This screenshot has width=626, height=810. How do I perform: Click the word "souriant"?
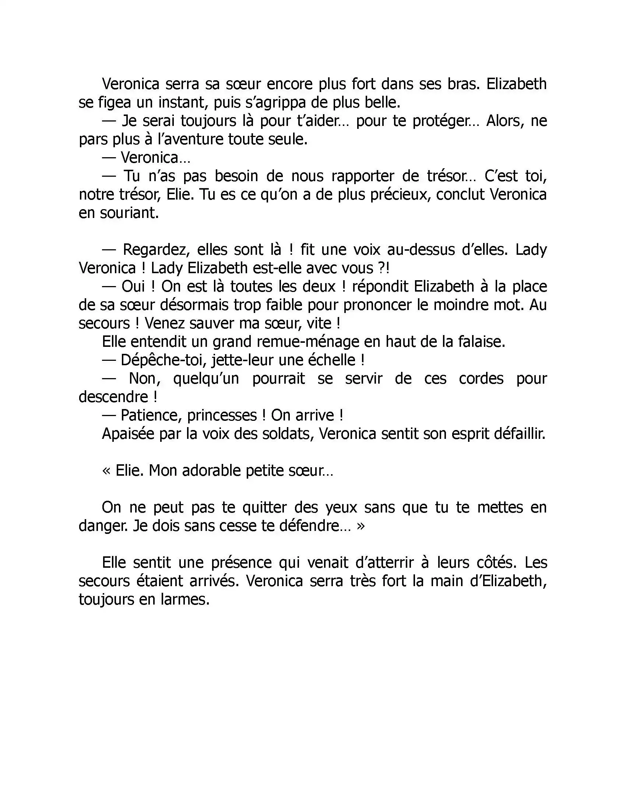point(128,213)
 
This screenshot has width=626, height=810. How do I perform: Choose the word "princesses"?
point(222,415)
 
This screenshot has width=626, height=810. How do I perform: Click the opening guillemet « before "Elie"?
point(106,471)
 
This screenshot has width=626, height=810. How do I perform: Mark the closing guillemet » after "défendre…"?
point(361,526)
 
